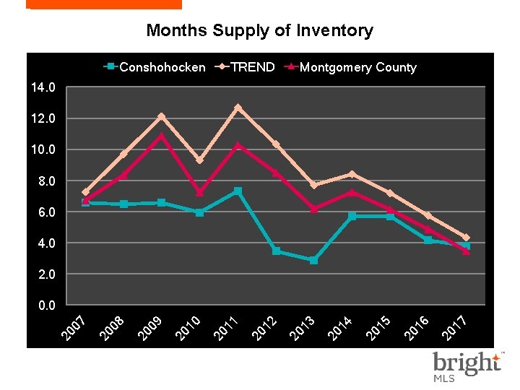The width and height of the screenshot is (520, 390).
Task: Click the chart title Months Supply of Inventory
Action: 259,30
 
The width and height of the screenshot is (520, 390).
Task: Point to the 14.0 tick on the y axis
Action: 43,87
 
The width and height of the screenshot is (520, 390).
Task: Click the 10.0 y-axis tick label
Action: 43,149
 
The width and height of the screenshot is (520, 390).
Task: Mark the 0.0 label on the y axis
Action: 45,305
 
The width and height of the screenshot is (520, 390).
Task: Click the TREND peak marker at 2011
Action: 238,108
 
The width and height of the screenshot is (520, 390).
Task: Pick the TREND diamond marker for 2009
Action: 161,116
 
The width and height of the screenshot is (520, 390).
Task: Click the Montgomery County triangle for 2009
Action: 161,136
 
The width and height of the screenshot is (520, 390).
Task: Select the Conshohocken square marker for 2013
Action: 313,260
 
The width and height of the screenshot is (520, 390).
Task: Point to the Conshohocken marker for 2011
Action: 238,191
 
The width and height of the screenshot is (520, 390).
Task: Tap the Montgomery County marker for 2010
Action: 199,193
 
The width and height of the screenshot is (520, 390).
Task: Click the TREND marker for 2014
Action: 352,174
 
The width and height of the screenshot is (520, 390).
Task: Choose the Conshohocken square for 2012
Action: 276,251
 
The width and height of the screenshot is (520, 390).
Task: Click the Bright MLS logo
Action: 466,366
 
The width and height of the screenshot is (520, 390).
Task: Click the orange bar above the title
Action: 103,4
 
